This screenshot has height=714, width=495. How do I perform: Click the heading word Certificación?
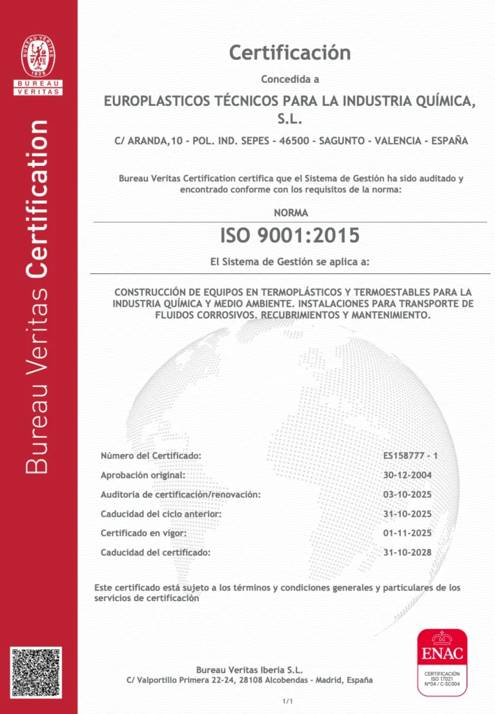[x=289, y=52]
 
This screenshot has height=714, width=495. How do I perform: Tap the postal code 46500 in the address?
[x=294, y=141]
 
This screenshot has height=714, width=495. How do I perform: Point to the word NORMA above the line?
[x=290, y=213]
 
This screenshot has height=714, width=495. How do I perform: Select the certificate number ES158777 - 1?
[x=410, y=455]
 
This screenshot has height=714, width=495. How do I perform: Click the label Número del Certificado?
[x=151, y=455]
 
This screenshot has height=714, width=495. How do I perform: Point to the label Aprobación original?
[x=143, y=475]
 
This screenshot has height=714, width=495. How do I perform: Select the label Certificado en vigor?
[x=142, y=533]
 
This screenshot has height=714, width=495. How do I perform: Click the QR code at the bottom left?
[x=36, y=672]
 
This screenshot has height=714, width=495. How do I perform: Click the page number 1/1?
[x=286, y=700]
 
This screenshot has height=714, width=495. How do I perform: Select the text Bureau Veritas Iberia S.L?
[x=249, y=670]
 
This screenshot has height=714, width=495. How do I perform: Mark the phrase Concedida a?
[x=289, y=79]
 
